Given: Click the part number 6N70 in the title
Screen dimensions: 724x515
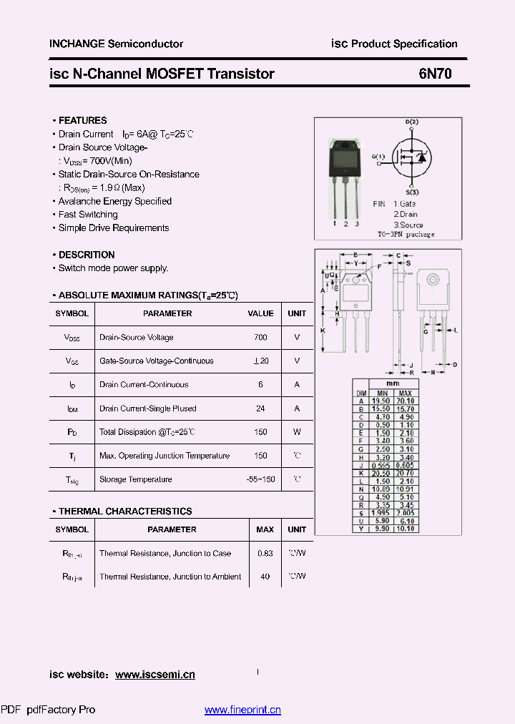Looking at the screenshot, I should [x=435, y=74].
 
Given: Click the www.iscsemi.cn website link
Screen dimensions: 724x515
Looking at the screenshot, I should [x=154, y=675].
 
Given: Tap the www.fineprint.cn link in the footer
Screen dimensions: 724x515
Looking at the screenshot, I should [x=242, y=710].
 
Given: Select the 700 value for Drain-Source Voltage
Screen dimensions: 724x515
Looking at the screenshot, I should [x=260, y=337].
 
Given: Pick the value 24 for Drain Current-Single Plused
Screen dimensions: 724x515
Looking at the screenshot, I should [x=260, y=409].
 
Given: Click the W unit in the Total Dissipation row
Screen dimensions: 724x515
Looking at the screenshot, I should [x=297, y=432].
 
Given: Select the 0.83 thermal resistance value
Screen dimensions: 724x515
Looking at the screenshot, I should [x=265, y=553].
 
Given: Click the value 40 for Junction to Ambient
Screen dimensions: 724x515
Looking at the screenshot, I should [x=265, y=577].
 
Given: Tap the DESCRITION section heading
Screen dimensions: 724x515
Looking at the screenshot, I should [x=86, y=255].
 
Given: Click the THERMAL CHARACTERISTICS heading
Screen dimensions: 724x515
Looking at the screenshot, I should [x=124, y=512].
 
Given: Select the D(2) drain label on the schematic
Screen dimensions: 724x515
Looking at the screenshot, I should [x=412, y=122].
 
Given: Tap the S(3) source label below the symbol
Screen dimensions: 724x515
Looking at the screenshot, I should [x=413, y=192].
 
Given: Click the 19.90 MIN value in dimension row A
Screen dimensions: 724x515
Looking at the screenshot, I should [x=382, y=401].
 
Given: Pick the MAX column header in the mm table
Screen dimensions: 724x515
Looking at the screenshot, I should [x=406, y=393].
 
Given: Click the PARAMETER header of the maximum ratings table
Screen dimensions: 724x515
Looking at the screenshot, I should [x=167, y=313].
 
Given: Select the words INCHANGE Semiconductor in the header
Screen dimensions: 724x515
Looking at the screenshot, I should [x=116, y=44].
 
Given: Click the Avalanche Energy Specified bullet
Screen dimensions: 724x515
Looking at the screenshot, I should [x=114, y=201].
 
